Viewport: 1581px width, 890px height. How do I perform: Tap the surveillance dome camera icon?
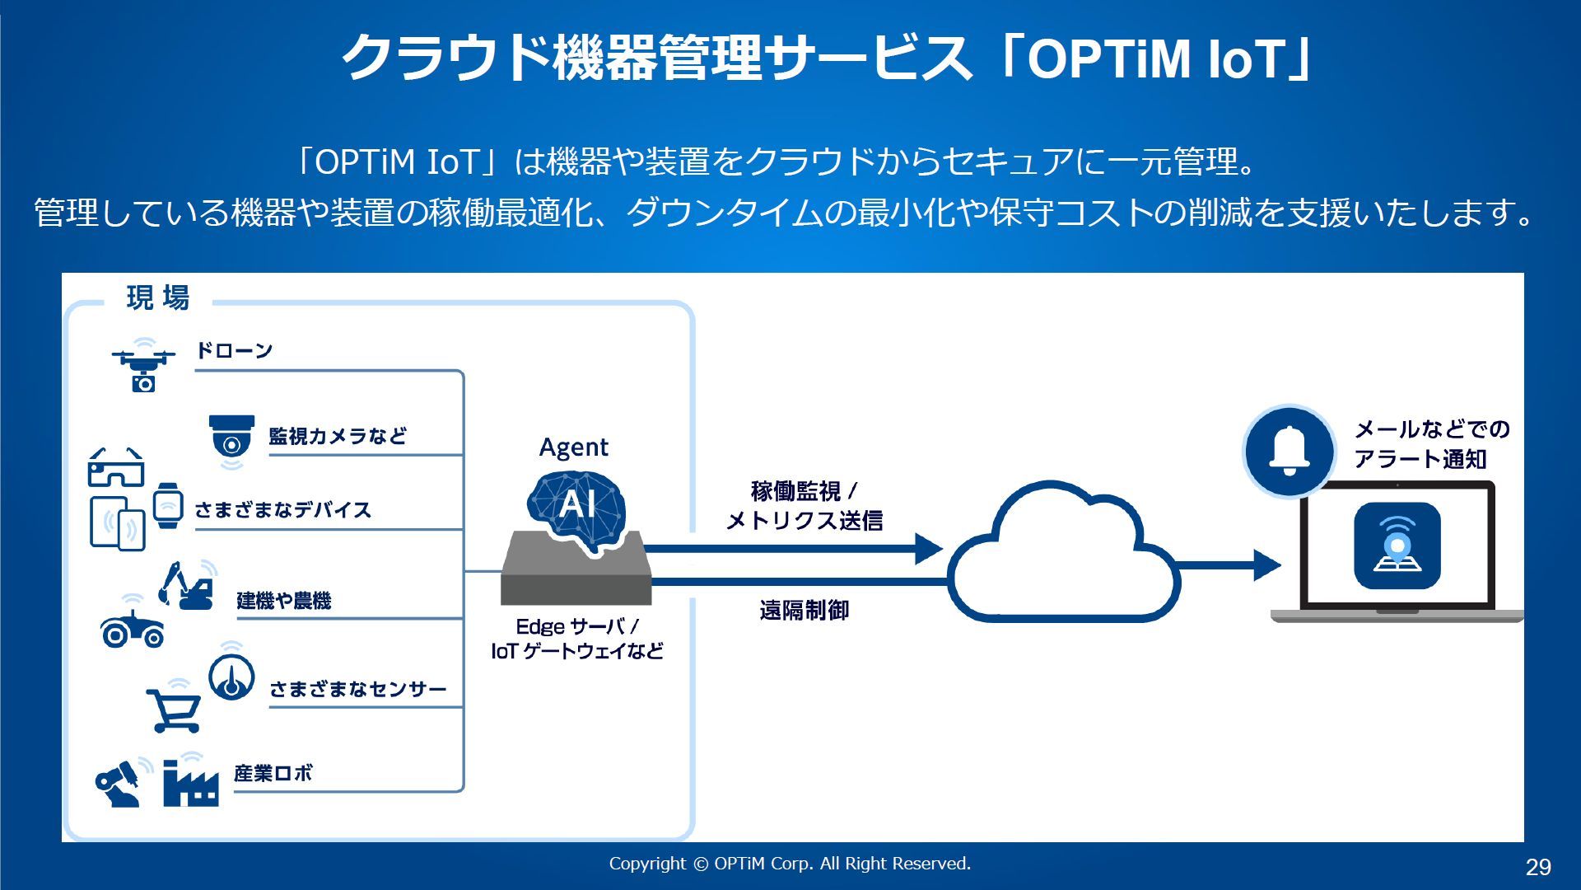pyautogui.click(x=231, y=438)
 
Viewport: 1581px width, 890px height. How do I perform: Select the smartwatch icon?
pyautogui.click(x=168, y=504)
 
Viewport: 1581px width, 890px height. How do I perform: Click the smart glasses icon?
pyautogui.click(x=115, y=468)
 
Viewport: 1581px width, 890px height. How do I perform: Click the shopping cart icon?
pyautogui.click(x=174, y=710)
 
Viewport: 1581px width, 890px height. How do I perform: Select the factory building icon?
pyautogui.click(x=190, y=783)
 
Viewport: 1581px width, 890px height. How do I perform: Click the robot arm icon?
pyautogui.click(x=119, y=783)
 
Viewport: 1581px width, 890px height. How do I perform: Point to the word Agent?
pyautogui.click(x=573, y=447)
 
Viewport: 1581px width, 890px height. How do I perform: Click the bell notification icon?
pyautogui.click(x=1289, y=451)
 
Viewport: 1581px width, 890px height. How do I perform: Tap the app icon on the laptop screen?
pyautogui.click(x=1397, y=546)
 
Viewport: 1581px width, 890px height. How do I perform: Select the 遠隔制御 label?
pyautogui.click(x=804, y=611)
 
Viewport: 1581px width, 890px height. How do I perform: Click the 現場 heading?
pyautogui.click(x=158, y=297)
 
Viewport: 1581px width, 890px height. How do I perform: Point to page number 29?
pyautogui.click(x=1537, y=866)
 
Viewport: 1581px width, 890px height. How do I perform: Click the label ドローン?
pyautogui.click(x=234, y=351)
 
